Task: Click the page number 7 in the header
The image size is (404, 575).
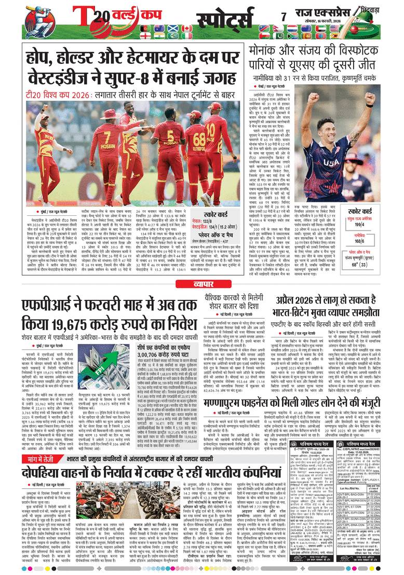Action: (284, 17)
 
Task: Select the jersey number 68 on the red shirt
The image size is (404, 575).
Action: (200, 138)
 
